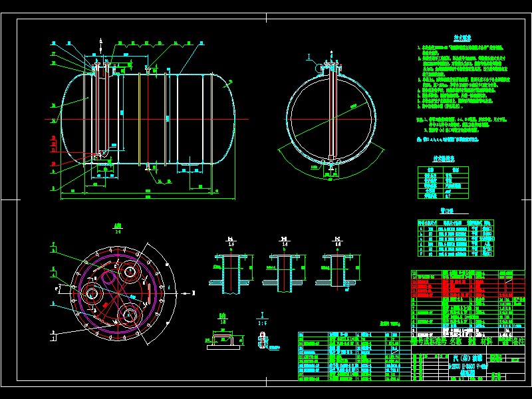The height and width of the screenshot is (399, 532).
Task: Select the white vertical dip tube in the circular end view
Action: [331, 113]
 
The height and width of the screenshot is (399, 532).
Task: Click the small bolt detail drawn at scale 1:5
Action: [263, 339]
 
